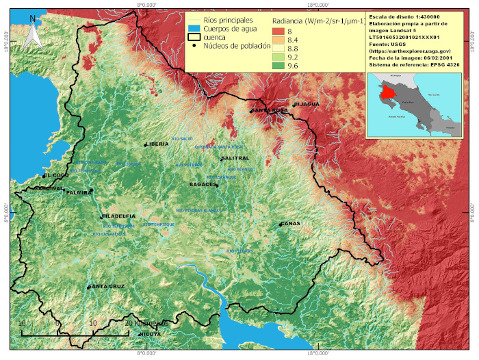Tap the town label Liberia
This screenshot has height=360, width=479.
click(x=157, y=144)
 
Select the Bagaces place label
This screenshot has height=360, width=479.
click(x=203, y=185)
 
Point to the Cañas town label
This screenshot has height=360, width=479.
click(x=290, y=224)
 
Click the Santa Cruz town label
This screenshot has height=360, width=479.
click(x=106, y=286)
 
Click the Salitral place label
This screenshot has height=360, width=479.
click(x=235, y=158)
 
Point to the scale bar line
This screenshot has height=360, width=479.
click(x=75, y=334)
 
